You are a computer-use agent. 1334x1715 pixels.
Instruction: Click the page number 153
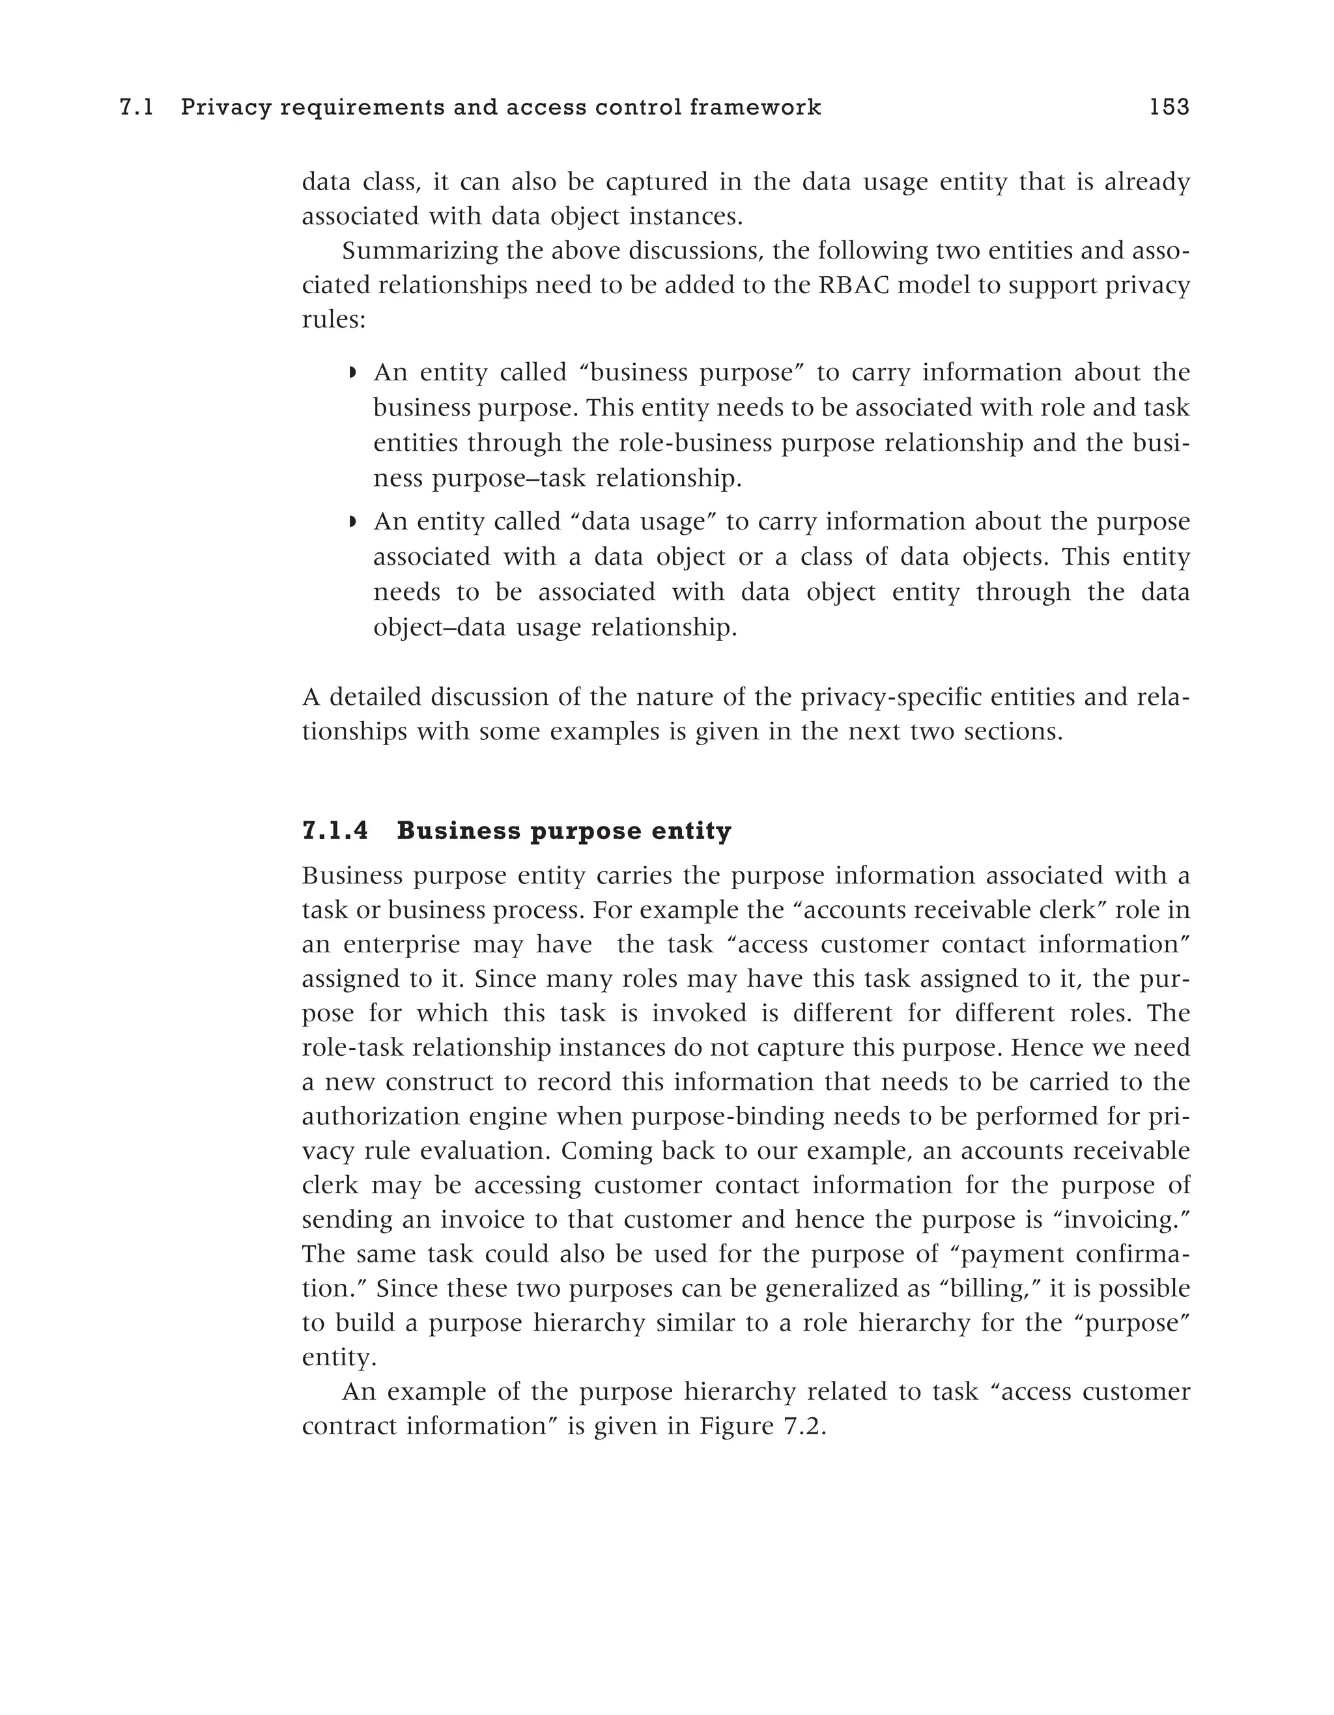click(1169, 107)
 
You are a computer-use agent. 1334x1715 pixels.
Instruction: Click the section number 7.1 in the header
click(135, 107)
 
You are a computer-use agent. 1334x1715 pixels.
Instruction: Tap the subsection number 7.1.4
click(335, 831)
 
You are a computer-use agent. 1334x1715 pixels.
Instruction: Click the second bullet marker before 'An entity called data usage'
click(352, 522)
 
